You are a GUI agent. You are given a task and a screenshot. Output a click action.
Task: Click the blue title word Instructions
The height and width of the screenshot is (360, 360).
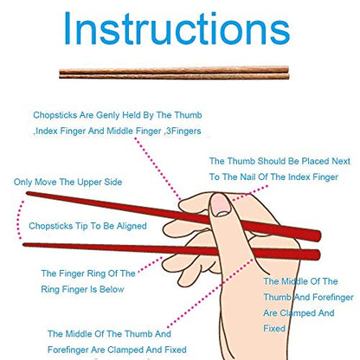179,32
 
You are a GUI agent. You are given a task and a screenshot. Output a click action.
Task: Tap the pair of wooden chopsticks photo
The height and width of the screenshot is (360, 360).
179,75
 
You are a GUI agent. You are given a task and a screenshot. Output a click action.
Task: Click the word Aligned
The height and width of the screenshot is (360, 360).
127,226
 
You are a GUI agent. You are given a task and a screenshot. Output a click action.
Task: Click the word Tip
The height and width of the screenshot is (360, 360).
81,226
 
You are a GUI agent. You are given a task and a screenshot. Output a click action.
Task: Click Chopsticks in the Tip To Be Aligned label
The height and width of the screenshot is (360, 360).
49,226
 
